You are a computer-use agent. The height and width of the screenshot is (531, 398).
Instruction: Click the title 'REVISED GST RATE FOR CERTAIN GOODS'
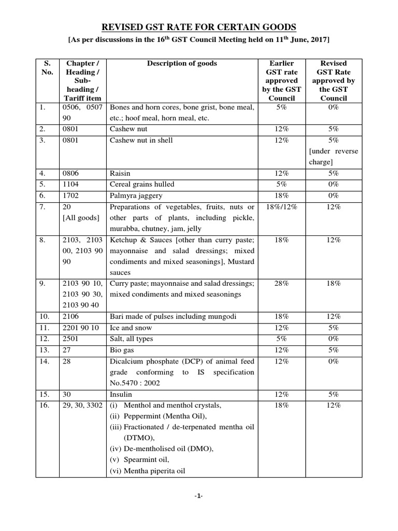pyautogui.click(x=199, y=27)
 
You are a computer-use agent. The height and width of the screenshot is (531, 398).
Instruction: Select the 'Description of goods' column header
pyautogui.click(x=182, y=63)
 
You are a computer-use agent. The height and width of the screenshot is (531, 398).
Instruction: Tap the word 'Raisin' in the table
pyautogui.click(x=121, y=173)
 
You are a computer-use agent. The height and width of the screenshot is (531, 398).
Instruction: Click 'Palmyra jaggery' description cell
pyautogui.click(x=135, y=195)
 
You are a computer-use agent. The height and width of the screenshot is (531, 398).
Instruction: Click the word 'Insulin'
pyautogui.click(x=122, y=394)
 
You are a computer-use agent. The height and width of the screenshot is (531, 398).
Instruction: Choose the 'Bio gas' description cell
pyautogui.click(x=123, y=350)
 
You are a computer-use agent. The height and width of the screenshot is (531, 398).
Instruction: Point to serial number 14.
pyautogui.click(x=44, y=361)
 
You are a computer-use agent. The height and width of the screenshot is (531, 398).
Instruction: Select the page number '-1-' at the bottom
pyautogui.click(x=198, y=496)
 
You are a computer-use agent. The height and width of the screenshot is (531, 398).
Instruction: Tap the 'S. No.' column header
pyautogui.click(x=47, y=68)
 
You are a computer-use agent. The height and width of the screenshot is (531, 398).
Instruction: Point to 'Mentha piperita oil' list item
pyautogui.click(x=147, y=471)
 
